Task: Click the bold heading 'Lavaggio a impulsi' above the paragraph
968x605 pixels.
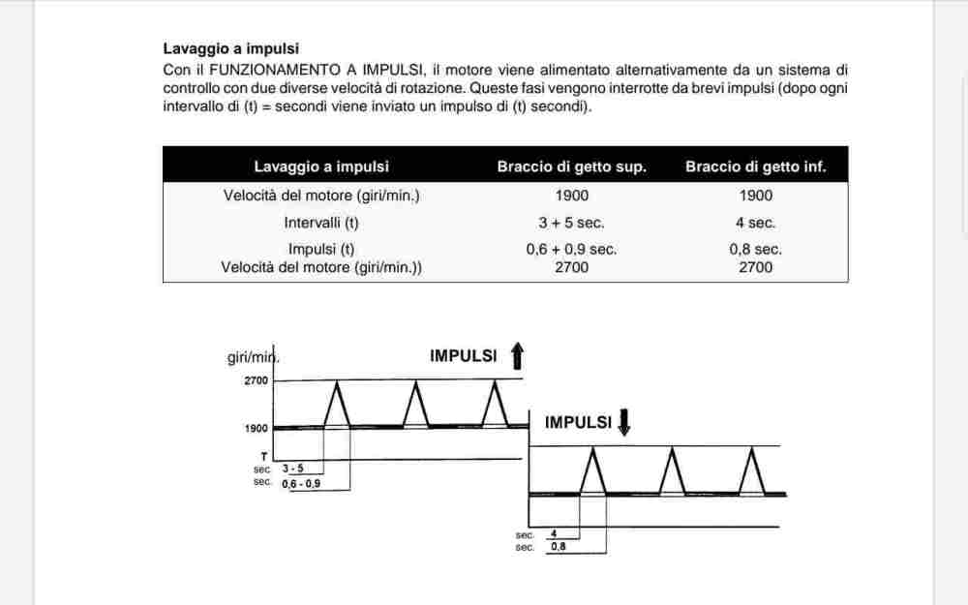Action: coord(230,47)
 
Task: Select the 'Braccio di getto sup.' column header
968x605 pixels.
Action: coord(571,166)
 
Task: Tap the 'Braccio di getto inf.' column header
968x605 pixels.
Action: coord(755,166)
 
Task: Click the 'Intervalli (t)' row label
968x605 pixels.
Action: coord(320,223)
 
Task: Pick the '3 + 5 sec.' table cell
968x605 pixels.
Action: coord(571,223)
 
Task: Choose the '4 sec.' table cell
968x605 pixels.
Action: coord(755,223)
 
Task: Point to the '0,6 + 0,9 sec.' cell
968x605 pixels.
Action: coord(571,249)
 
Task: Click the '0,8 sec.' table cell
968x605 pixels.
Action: coord(755,249)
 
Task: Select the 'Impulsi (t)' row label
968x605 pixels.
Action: coord(320,249)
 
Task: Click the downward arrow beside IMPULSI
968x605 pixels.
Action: coord(623,422)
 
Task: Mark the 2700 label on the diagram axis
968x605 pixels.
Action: coord(256,380)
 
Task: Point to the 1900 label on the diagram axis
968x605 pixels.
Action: coord(256,427)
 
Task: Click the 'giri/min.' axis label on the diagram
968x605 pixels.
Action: coord(253,357)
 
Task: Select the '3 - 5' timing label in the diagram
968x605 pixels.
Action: coord(292,469)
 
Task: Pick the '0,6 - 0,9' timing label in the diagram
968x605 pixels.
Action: coord(301,482)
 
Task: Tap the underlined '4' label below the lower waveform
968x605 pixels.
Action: coord(554,533)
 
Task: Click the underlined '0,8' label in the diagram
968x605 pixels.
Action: coord(558,547)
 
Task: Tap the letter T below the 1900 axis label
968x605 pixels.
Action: coord(263,454)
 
